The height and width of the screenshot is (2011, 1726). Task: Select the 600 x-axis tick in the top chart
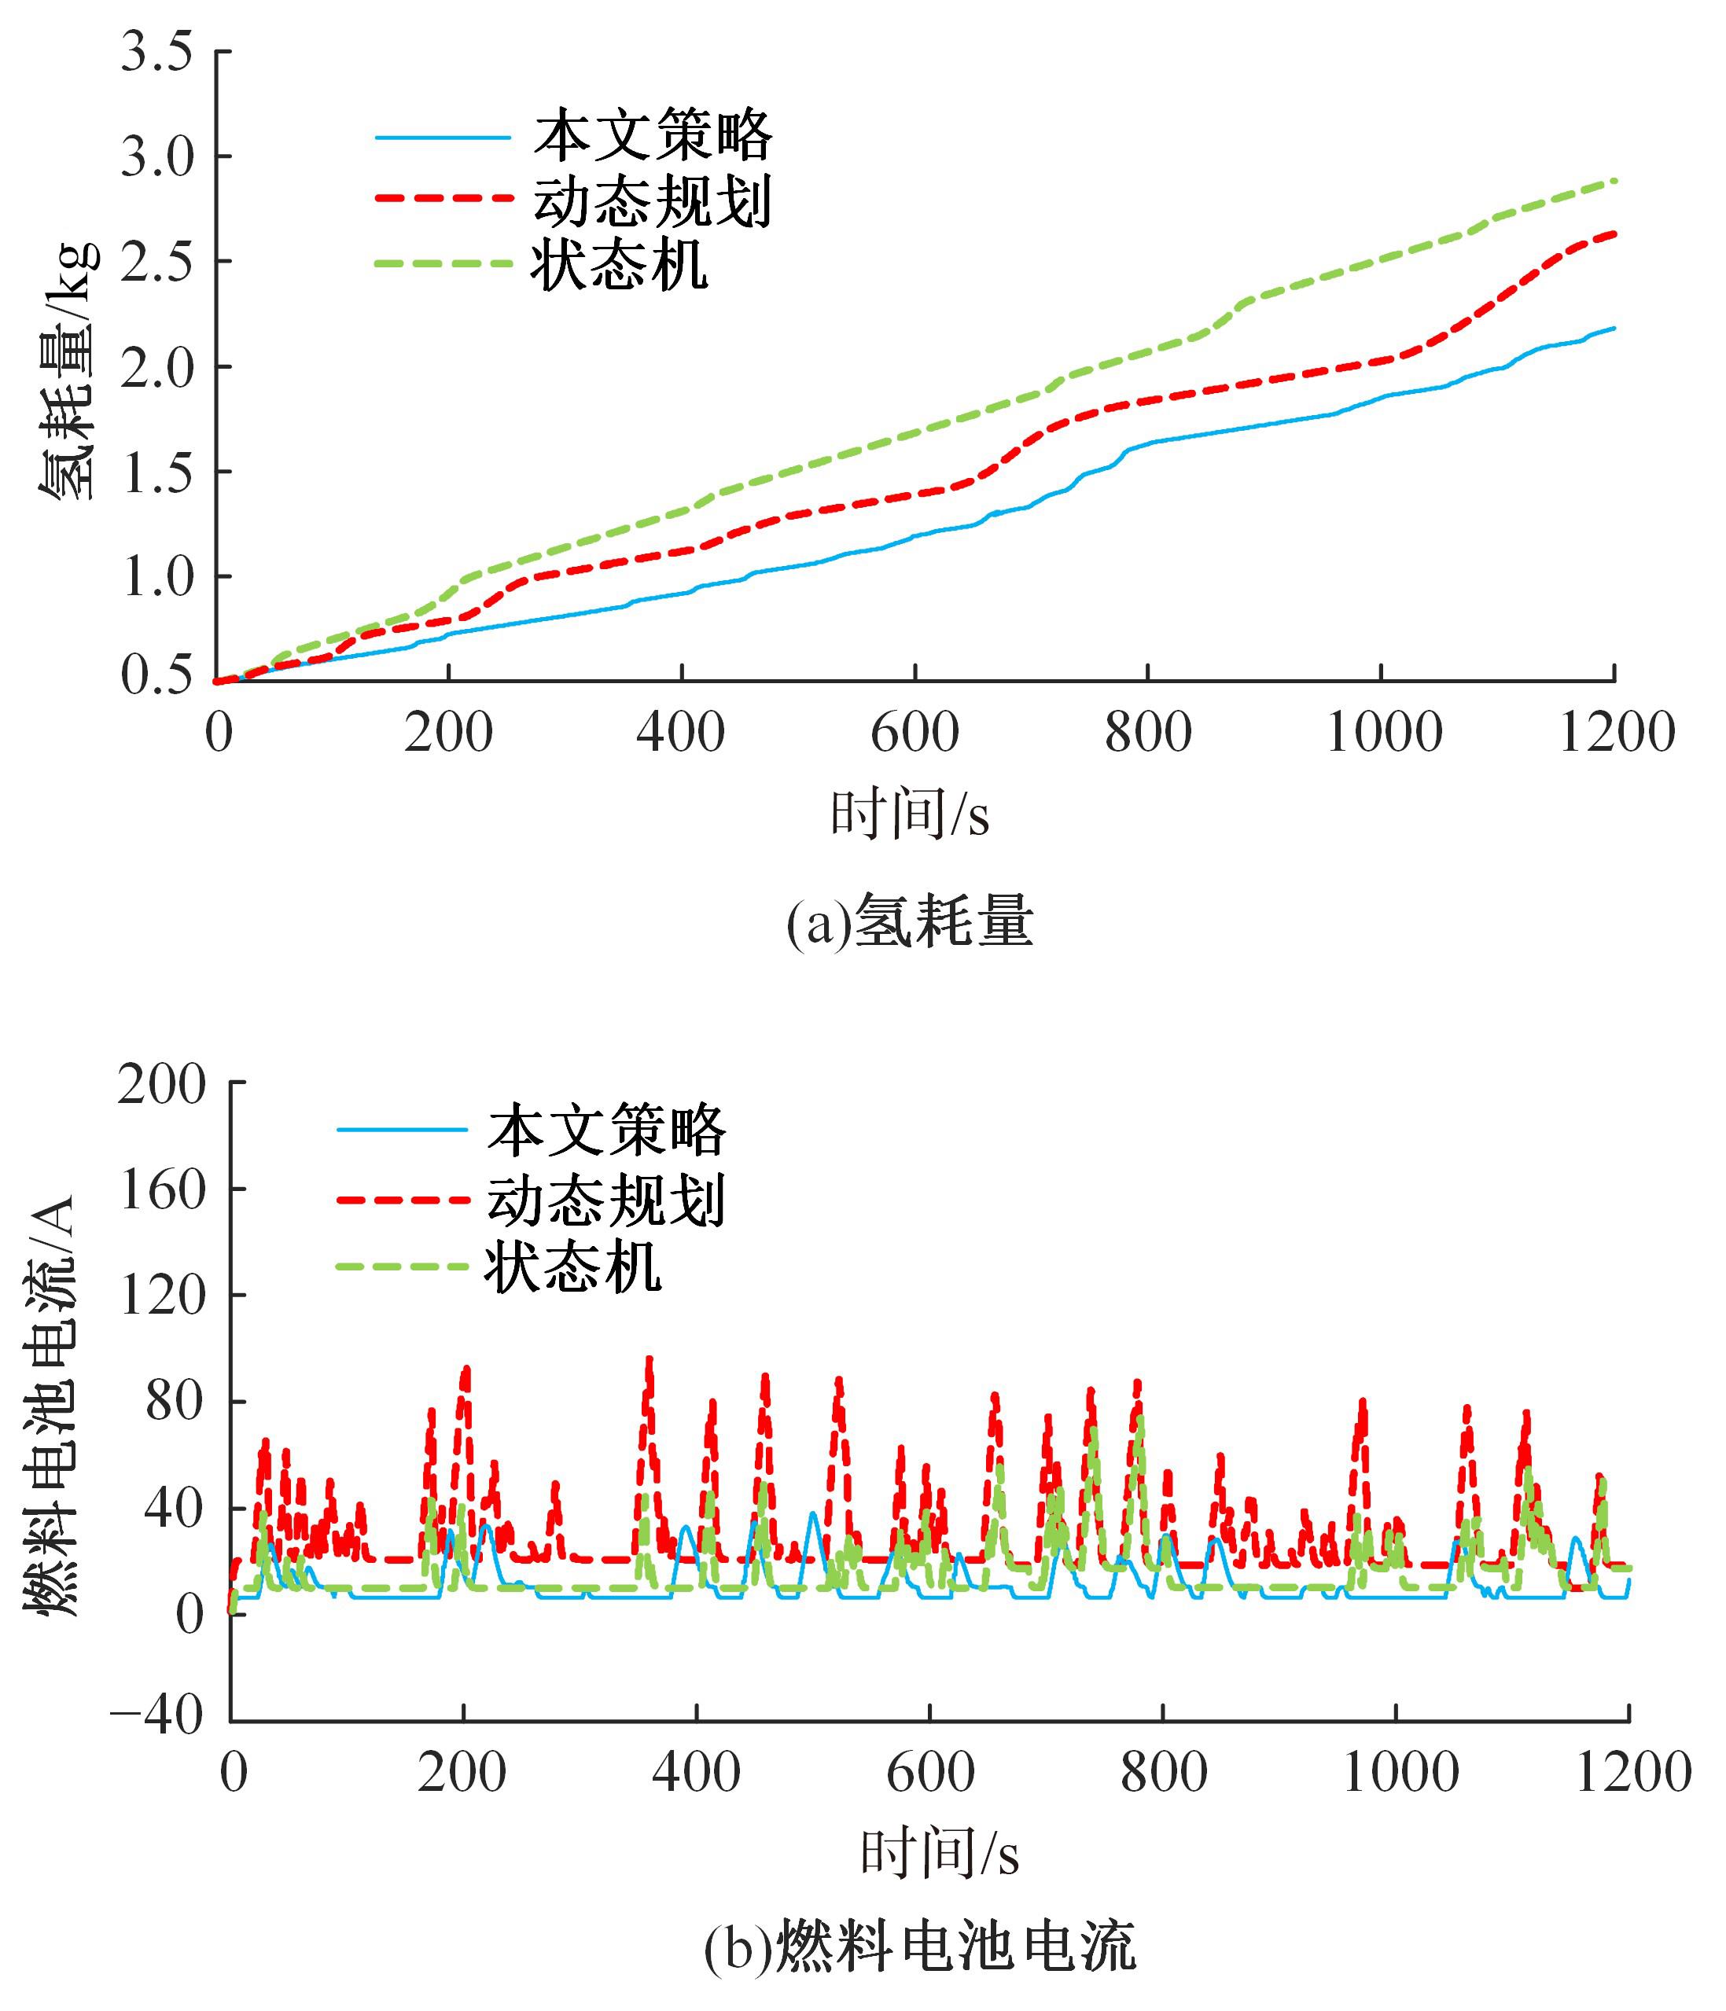click(915, 733)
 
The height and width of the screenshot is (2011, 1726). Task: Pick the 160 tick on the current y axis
click(162, 1190)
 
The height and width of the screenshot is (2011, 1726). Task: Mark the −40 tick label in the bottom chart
click(156, 1716)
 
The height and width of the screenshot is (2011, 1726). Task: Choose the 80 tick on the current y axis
click(175, 1402)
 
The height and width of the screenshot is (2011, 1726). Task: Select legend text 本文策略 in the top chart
click(653, 136)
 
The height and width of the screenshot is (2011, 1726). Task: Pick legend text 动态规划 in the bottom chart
click(607, 1200)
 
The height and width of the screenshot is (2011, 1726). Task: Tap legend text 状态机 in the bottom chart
click(574, 1267)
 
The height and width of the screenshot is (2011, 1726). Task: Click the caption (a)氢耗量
click(910, 922)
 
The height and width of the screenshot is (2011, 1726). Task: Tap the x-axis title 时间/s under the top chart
click(910, 814)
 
